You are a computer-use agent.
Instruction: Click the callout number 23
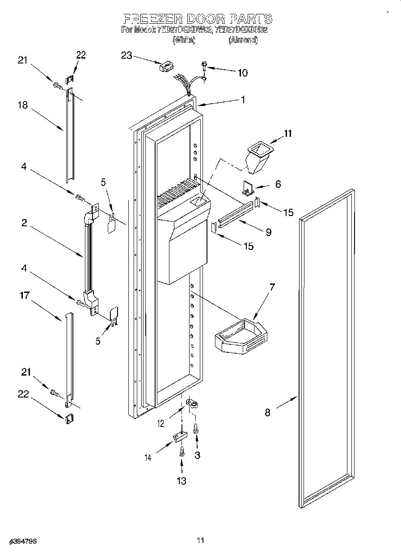tap(127, 55)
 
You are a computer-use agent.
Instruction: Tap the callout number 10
tap(242, 73)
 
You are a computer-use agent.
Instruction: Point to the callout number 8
tap(267, 412)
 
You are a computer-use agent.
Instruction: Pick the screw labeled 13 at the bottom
tap(182, 452)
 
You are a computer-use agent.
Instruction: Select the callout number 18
tap(23, 106)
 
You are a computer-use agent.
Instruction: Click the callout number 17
tap(24, 295)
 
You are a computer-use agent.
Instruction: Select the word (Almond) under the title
tap(243, 40)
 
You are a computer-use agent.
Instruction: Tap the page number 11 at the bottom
tap(200, 541)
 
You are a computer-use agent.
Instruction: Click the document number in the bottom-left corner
tap(22, 541)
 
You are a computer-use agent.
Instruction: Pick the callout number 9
tap(268, 232)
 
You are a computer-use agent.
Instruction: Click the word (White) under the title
tap(184, 40)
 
